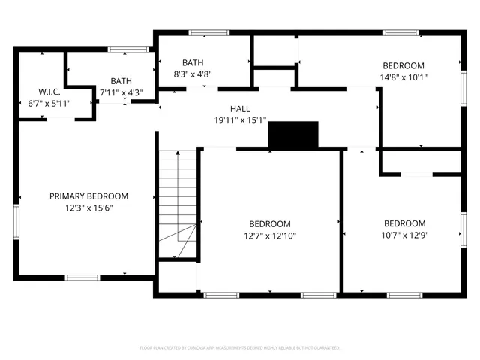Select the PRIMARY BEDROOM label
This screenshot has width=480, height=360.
click(x=88, y=196)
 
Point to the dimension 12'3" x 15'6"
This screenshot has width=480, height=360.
click(x=88, y=208)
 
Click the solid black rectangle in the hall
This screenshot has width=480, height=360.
click(x=293, y=135)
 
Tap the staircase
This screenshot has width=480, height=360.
click(x=178, y=202)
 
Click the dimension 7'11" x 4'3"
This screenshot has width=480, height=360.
click(x=121, y=92)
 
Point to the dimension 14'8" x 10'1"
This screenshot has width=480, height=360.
click(x=403, y=76)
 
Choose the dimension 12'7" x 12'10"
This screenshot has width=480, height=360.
click(x=270, y=235)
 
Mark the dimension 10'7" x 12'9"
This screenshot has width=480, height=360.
click(x=404, y=235)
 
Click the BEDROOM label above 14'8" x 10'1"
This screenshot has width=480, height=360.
click(x=403, y=65)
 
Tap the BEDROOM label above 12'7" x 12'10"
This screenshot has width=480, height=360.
click(x=270, y=223)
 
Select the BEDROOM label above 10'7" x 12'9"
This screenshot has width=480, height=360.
click(x=404, y=223)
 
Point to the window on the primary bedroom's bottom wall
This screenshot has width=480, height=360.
click(x=82, y=277)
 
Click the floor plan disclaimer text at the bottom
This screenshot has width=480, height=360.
click(x=240, y=348)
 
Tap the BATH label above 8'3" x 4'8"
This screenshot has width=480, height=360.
click(x=193, y=63)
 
